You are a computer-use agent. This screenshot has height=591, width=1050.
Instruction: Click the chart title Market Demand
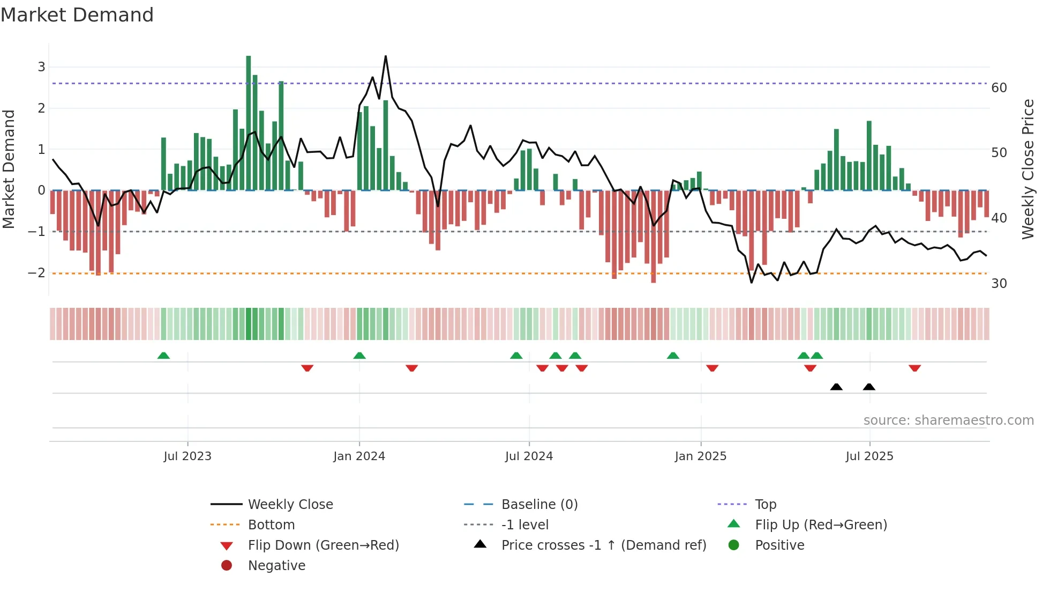pos(77,14)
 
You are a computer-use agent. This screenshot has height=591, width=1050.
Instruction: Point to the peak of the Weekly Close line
pos(386,56)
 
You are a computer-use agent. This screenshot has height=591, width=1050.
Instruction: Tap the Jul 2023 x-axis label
pos(187,456)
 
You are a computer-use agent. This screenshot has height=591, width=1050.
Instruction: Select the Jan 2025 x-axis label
pos(700,456)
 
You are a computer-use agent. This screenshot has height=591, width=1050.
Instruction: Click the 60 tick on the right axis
pos(999,87)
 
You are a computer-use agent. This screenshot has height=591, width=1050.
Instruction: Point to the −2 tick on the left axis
pos(36,273)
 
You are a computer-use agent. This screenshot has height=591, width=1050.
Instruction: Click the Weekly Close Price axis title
pos(1027,169)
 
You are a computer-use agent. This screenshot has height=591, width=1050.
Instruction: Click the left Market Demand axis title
pos(9,169)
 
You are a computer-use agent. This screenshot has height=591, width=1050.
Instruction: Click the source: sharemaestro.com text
pos(948,420)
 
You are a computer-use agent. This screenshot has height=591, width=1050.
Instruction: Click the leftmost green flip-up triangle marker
pos(163,356)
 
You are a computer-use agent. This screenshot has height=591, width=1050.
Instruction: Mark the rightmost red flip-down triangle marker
pos(914,368)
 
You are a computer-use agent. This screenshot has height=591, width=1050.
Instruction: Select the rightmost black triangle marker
pos(869,387)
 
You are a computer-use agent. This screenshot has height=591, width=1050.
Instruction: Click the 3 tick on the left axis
pos(41,67)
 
